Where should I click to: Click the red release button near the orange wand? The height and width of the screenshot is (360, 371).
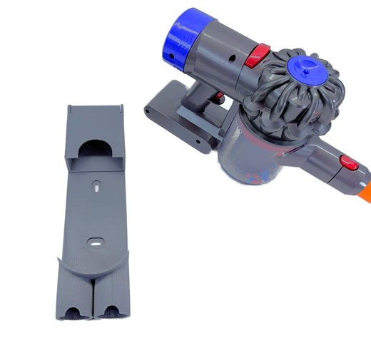[x=348, y=163]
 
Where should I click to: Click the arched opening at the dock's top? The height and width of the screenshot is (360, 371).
[x=94, y=150]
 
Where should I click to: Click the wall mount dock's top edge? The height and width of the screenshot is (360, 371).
[x=96, y=109]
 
